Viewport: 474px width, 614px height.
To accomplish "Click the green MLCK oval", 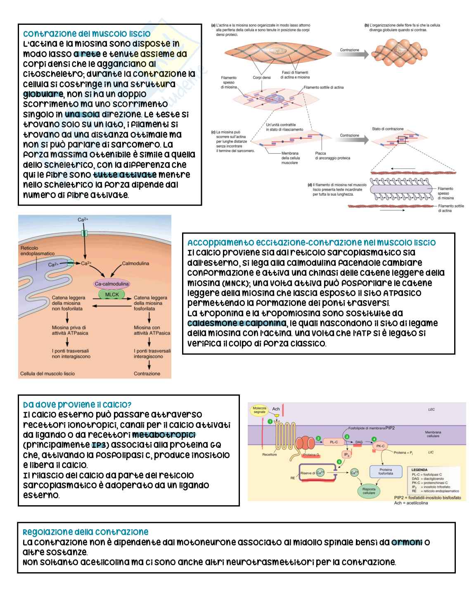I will [112, 294].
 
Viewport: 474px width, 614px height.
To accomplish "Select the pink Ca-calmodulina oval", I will [112, 284].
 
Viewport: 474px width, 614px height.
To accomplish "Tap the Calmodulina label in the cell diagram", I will [135, 263].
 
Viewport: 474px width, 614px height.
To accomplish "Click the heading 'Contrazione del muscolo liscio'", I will [87, 33].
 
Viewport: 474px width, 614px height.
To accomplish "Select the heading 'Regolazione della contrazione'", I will [85, 532].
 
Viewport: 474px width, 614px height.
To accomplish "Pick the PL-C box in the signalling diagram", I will [334, 442].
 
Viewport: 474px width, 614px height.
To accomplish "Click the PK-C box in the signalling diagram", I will [380, 446].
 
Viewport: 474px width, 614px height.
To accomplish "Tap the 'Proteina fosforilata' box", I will [386, 471].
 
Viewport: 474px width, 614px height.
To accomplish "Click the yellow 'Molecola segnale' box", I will [259, 410].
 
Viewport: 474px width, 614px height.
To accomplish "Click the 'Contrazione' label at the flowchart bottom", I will [147, 374].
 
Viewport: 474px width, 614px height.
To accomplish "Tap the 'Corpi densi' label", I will [261, 77].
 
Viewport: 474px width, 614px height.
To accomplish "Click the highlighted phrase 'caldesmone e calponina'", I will [237, 323].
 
